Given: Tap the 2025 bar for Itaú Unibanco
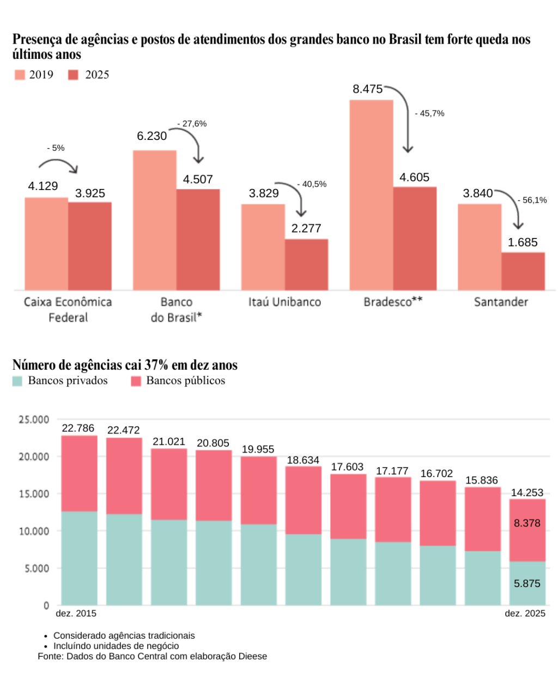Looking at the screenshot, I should pyautogui.click(x=306, y=265).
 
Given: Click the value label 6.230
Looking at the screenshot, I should pyautogui.click(x=151, y=136).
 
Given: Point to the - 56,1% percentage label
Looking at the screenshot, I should pyautogui.click(x=532, y=200).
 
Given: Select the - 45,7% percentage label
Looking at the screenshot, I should pyautogui.click(x=429, y=114).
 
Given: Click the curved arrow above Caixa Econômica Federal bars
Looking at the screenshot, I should pyautogui.click(x=58, y=163).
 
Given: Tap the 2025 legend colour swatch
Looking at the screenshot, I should pyautogui.click(x=74, y=75).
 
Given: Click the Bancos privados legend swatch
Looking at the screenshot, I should pyautogui.click(x=17, y=381).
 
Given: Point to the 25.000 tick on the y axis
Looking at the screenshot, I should pyautogui.click(x=34, y=420).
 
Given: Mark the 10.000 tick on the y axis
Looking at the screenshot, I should pyautogui.click(x=34, y=531).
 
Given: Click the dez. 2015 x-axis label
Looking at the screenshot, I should pyautogui.click(x=76, y=614).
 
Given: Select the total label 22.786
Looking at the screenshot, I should pyautogui.click(x=78, y=429).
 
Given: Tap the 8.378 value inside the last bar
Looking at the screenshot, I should pyautogui.click(x=527, y=523).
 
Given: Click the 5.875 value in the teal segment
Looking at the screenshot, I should pyautogui.click(x=527, y=584).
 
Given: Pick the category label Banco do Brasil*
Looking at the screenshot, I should pyautogui.click(x=177, y=310).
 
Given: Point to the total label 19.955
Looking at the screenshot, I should pyautogui.click(x=258, y=449).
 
